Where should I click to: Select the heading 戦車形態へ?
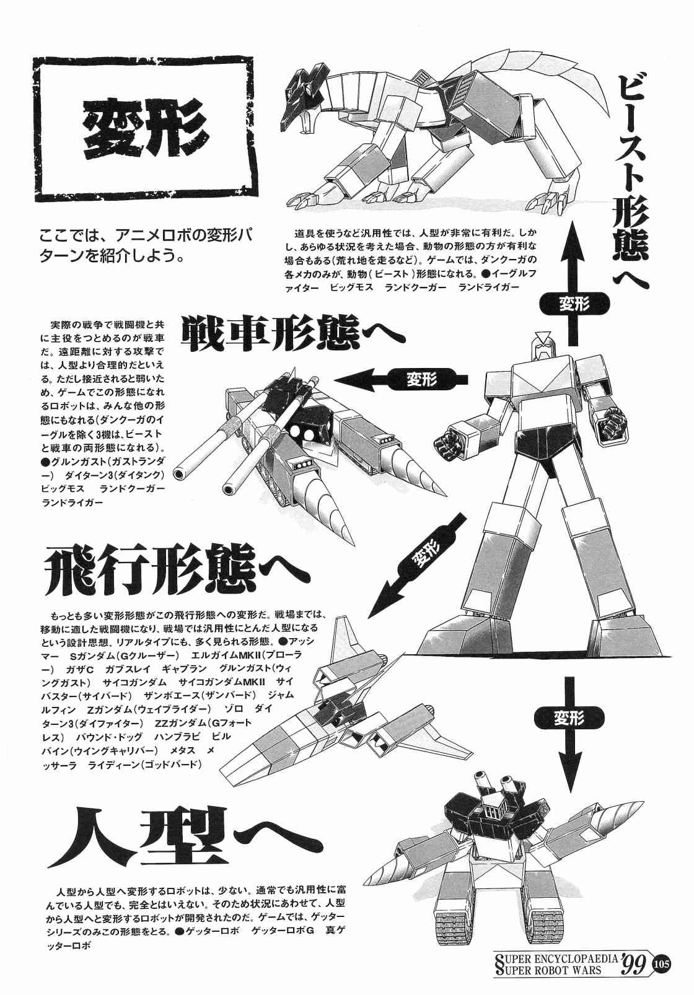(293, 333)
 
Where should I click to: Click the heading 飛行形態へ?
(178, 569)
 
